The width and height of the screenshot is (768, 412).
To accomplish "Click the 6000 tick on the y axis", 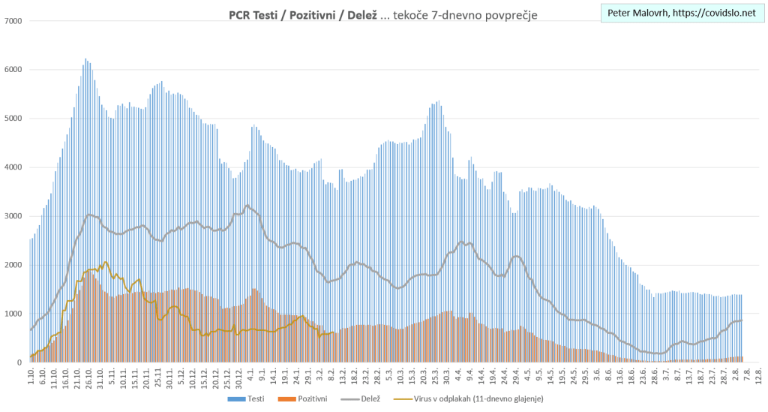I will [x=13, y=70].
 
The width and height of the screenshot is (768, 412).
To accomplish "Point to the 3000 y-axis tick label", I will [x=13, y=216].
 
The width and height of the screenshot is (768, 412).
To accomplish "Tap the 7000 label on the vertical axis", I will [x=13, y=21].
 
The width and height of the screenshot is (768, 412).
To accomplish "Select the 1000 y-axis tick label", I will [x=13, y=314].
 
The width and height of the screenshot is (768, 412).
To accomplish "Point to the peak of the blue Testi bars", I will [x=85, y=59].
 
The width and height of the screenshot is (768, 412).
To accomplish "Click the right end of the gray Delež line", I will [x=742, y=320].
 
